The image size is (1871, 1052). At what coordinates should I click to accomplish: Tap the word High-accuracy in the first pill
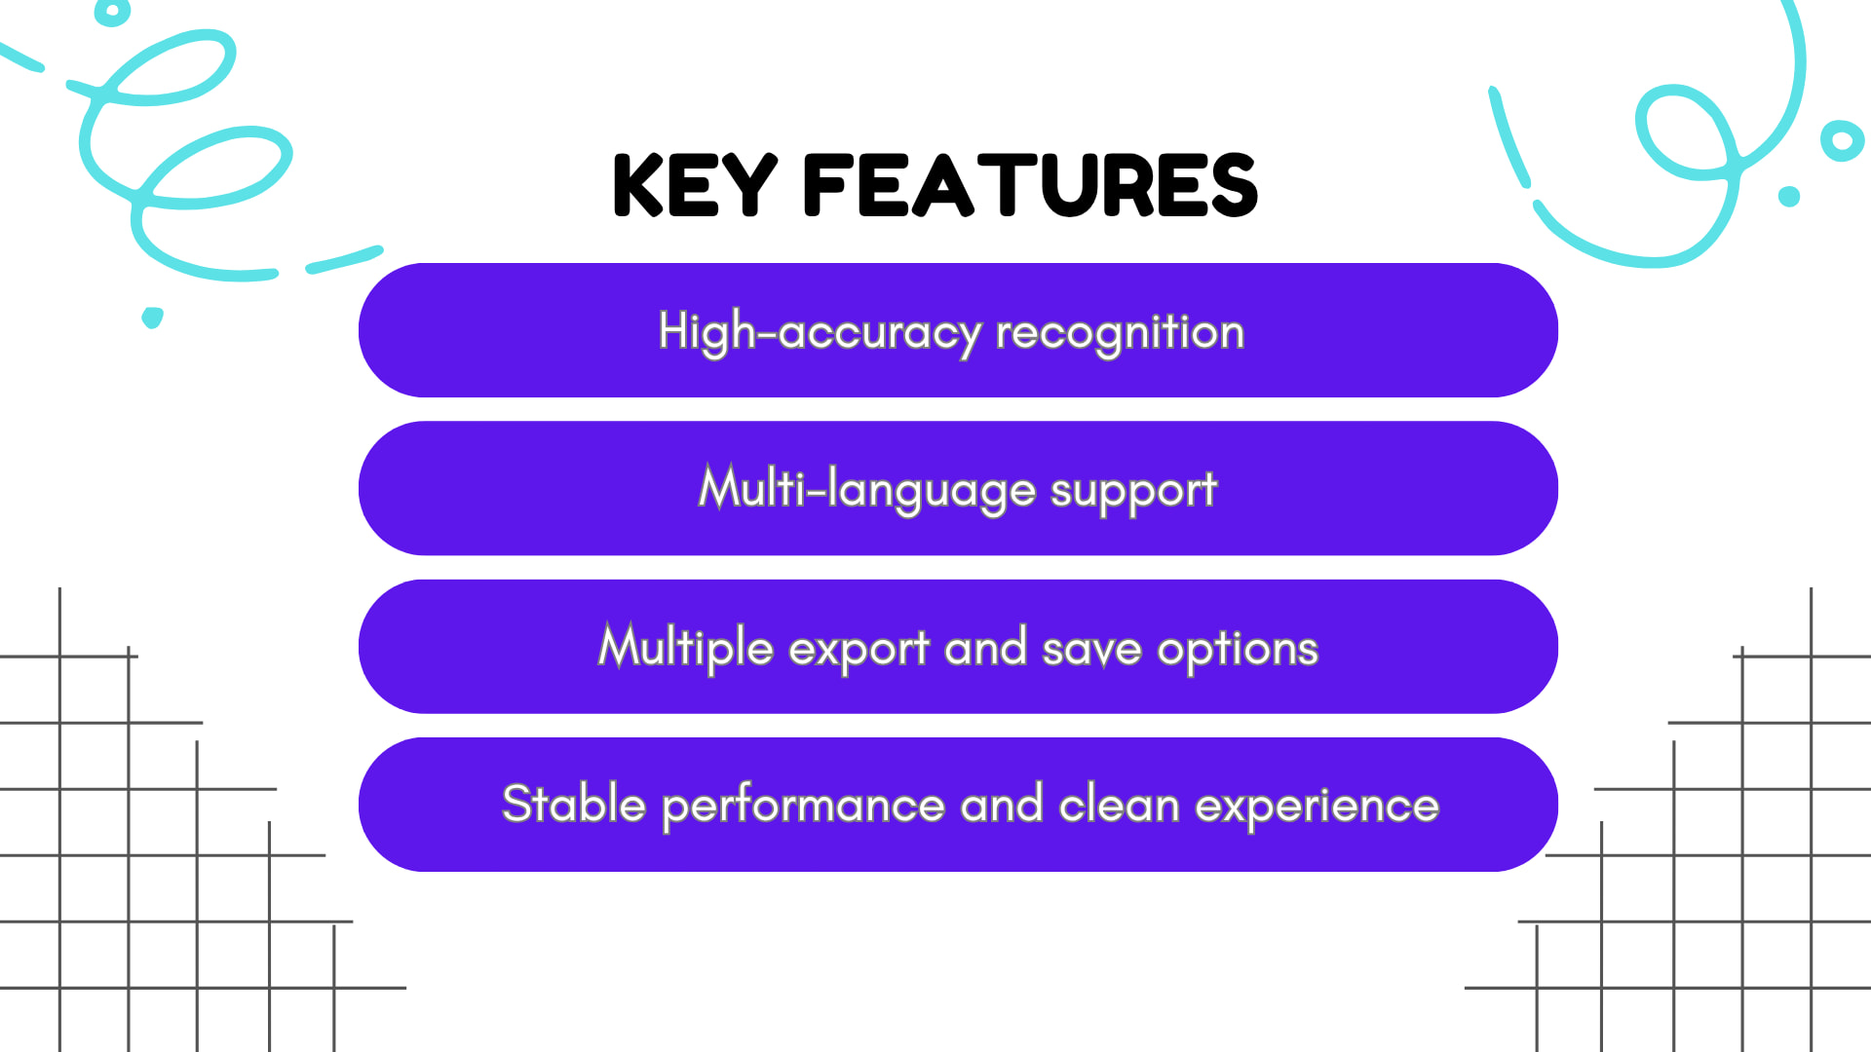pyautogui.click(x=820, y=332)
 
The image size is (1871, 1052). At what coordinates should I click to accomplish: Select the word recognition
pyautogui.click(x=1120, y=332)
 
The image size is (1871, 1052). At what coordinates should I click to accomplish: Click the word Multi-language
pyautogui.click(x=866, y=489)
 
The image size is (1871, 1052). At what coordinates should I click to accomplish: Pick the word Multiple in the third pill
pyautogui.click(x=685, y=648)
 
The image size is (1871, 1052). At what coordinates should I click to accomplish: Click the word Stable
pyautogui.click(x=573, y=805)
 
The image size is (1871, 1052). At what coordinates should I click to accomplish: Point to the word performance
pyautogui.click(x=803, y=807)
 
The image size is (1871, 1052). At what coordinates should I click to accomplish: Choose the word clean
pyautogui.click(x=1119, y=806)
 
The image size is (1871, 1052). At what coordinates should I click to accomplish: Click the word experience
pyautogui.click(x=1317, y=807)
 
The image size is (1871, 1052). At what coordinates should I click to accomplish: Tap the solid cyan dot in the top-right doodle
pyautogui.click(x=1789, y=197)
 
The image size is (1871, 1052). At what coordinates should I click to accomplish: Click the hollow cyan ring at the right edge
pyautogui.click(x=1842, y=142)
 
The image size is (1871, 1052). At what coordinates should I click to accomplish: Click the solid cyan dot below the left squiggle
pyautogui.click(x=152, y=318)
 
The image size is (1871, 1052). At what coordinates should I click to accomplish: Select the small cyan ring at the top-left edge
pyautogui.click(x=113, y=12)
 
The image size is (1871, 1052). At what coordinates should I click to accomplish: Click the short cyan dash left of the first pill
pyautogui.click(x=344, y=259)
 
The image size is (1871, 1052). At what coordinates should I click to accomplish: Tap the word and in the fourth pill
pyautogui.click(x=1001, y=806)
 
